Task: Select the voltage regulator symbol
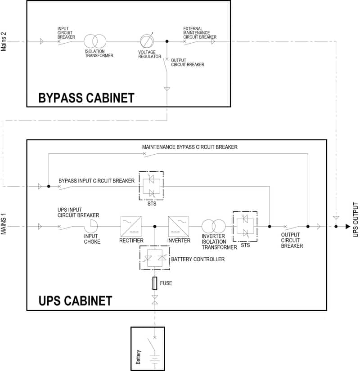pos(147,41)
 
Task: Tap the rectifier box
pos(131,226)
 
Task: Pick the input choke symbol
pos(93,226)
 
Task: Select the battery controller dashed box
pos(155,259)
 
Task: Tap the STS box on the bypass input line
pos(151,186)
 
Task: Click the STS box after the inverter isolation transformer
pos(244,226)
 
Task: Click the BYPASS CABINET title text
pos(86,98)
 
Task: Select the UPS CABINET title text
pos(76,300)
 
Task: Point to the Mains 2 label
pos(4,41)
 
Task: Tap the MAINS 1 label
pos(4,226)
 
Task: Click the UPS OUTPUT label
pos(355,219)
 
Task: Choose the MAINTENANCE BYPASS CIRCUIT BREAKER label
pos(189,147)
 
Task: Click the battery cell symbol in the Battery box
pos(155,358)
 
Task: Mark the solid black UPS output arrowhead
pos(347,226)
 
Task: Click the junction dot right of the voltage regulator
pos(167,41)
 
